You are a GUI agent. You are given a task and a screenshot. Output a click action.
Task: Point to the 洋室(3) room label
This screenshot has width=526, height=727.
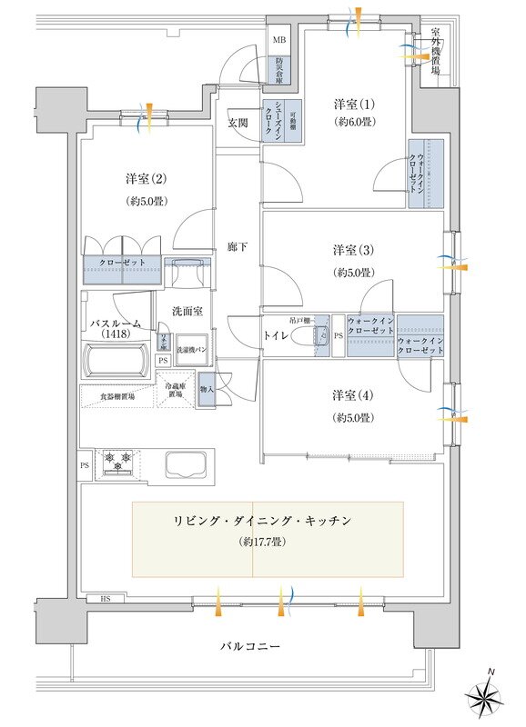click(x=349, y=250)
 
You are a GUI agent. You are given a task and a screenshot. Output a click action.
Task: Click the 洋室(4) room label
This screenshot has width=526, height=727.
click(x=349, y=395)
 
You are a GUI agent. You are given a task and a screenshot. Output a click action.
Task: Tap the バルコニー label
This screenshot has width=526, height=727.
click(x=249, y=646)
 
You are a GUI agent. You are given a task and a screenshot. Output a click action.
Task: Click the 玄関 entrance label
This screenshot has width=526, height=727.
click(x=238, y=123)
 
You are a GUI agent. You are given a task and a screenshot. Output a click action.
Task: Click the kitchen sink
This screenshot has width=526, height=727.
click(x=187, y=464)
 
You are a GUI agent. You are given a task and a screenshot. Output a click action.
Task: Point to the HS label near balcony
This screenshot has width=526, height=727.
click(x=106, y=599)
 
